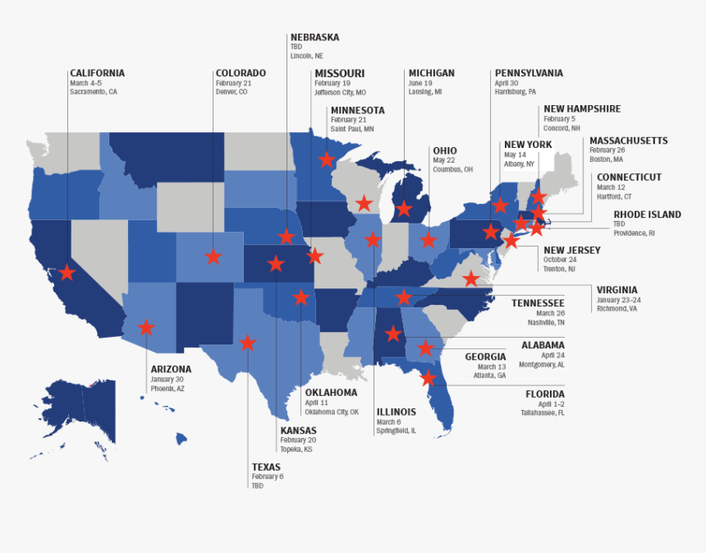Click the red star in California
[x=66, y=272]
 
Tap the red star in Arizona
[x=146, y=328]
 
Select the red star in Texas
[x=247, y=343]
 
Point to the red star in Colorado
[x=213, y=256]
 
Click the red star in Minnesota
[x=327, y=159]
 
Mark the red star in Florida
[x=428, y=378]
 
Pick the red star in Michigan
[x=404, y=209]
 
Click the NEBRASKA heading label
[x=314, y=37]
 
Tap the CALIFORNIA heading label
[x=97, y=73]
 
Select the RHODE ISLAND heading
[x=647, y=214]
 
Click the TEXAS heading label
[x=266, y=467]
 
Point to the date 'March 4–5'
[x=85, y=83]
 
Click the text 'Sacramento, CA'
[x=94, y=92]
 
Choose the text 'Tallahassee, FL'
[x=539, y=413]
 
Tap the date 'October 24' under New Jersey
[x=559, y=260]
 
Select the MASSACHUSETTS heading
[x=628, y=141]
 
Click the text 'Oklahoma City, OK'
[x=332, y=412]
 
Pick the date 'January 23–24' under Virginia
[x=617, y=299]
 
